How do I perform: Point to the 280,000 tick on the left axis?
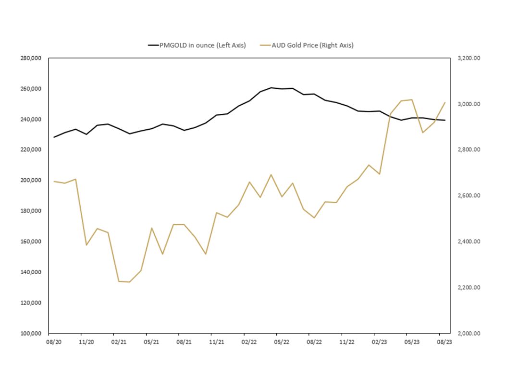click(x=32, y=58)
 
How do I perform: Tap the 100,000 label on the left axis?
click(x=32, y=333)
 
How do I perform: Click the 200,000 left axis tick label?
click(x=32, y=180)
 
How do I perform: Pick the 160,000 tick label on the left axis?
click(x=32, y=242)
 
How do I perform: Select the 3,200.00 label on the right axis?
click(x=469, y=58)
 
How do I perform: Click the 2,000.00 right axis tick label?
click(x=469, y=333)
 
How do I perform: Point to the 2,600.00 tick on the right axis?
click(x=469, y=196)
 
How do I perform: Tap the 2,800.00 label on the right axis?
click(x=469, y=150)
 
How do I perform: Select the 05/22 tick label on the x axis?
click(x=281, y=342)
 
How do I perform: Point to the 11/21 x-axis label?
click(x=216, y=342)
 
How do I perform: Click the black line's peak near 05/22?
click(x=271, y=87)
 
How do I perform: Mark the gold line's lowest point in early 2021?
click(x=129, y=282)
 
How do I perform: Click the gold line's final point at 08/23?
click(x=445, y=102)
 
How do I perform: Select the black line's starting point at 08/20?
click(x=54, y=137)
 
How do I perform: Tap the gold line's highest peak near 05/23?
click(x=412, y=99)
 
